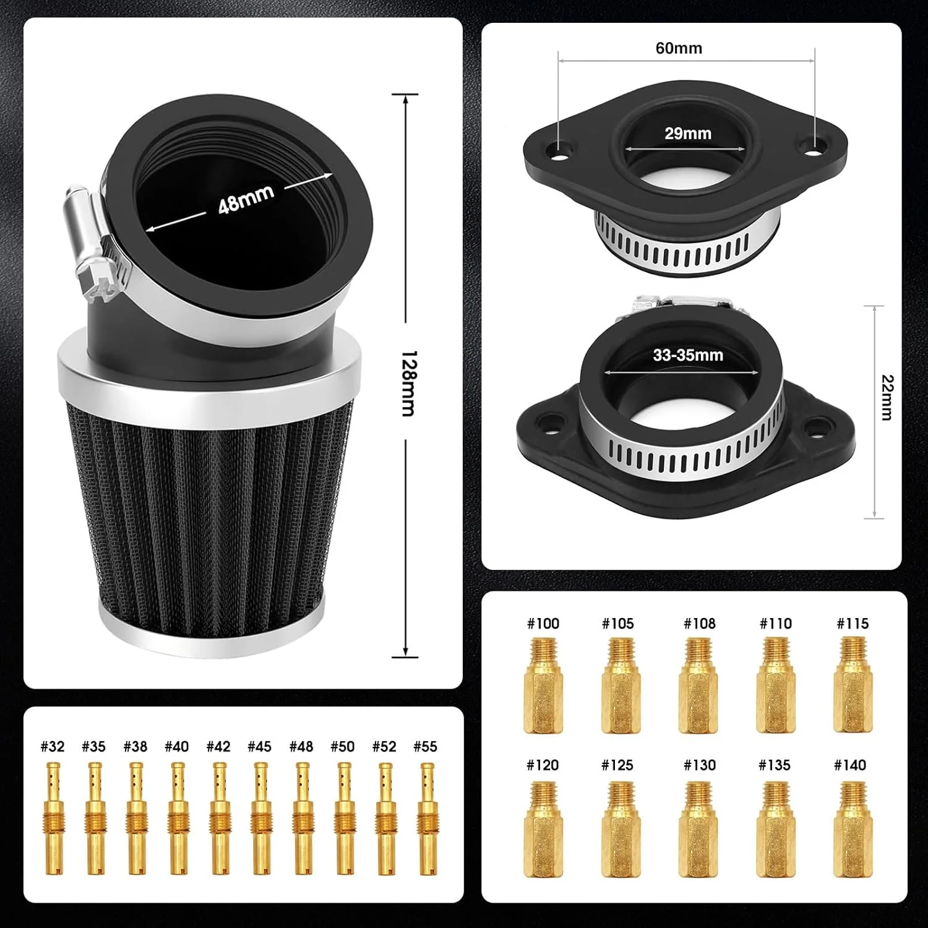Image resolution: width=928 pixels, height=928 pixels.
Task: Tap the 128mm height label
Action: (408, 384)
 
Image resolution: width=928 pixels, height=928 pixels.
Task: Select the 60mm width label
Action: (679, 48)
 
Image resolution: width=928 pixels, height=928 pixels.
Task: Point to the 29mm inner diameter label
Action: (688, 133)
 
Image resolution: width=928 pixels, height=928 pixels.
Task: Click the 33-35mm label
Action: (688, 355)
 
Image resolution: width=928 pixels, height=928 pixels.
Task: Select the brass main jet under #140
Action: (850, 829)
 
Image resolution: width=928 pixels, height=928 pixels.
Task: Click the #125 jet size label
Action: (617, 765)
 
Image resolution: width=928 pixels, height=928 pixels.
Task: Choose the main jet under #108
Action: (699, 685)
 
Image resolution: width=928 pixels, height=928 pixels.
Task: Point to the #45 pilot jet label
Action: (259, 747)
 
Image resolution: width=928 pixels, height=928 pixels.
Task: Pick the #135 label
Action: (775, 765)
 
